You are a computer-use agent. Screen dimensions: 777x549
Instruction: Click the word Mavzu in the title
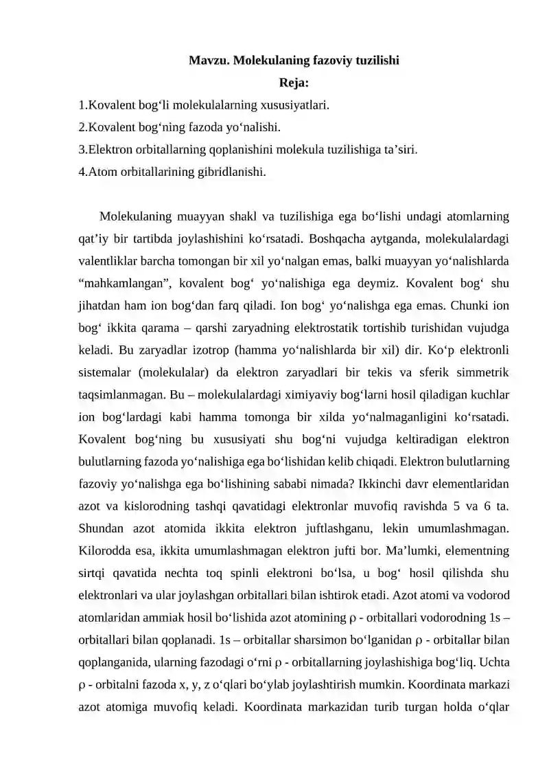pos(209,60)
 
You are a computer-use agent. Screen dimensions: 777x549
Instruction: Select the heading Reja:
pos(294,83)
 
